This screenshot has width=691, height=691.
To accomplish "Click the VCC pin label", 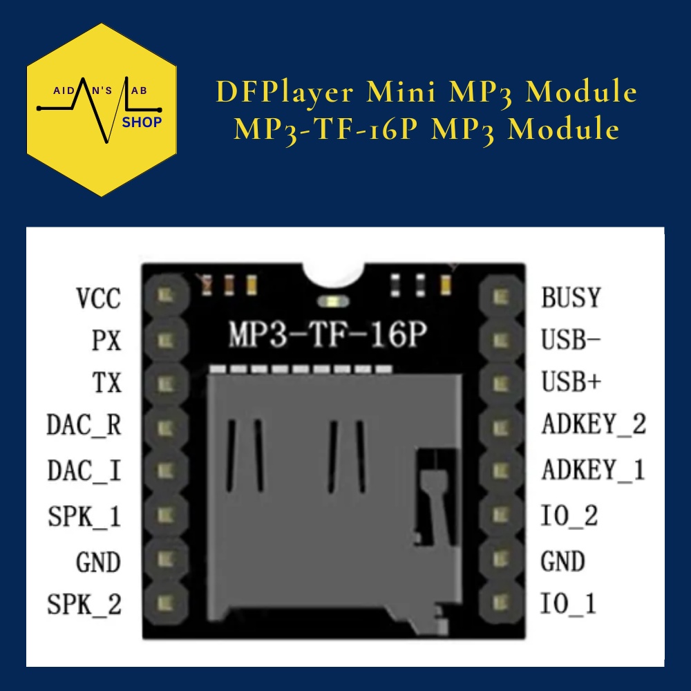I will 97,299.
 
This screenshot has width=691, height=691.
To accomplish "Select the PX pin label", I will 106,341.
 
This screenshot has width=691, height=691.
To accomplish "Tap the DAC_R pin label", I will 84,425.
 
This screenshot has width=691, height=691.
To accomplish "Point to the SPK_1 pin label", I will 84,515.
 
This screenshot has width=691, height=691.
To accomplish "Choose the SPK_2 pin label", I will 84,605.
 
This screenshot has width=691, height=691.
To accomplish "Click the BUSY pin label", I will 571,298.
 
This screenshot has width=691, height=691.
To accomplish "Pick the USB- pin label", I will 571,340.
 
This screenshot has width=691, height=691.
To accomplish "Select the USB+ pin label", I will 571,382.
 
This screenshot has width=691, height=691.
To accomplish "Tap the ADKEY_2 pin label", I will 593,424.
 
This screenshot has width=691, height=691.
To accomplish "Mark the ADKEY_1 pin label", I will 593,470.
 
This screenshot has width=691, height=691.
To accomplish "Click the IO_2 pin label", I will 569,515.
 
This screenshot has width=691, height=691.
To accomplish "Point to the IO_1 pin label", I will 568,605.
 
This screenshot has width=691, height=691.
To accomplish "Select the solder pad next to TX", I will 164,382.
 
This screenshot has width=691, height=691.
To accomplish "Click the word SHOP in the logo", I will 142,122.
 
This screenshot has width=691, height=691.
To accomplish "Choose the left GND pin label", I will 98,562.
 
